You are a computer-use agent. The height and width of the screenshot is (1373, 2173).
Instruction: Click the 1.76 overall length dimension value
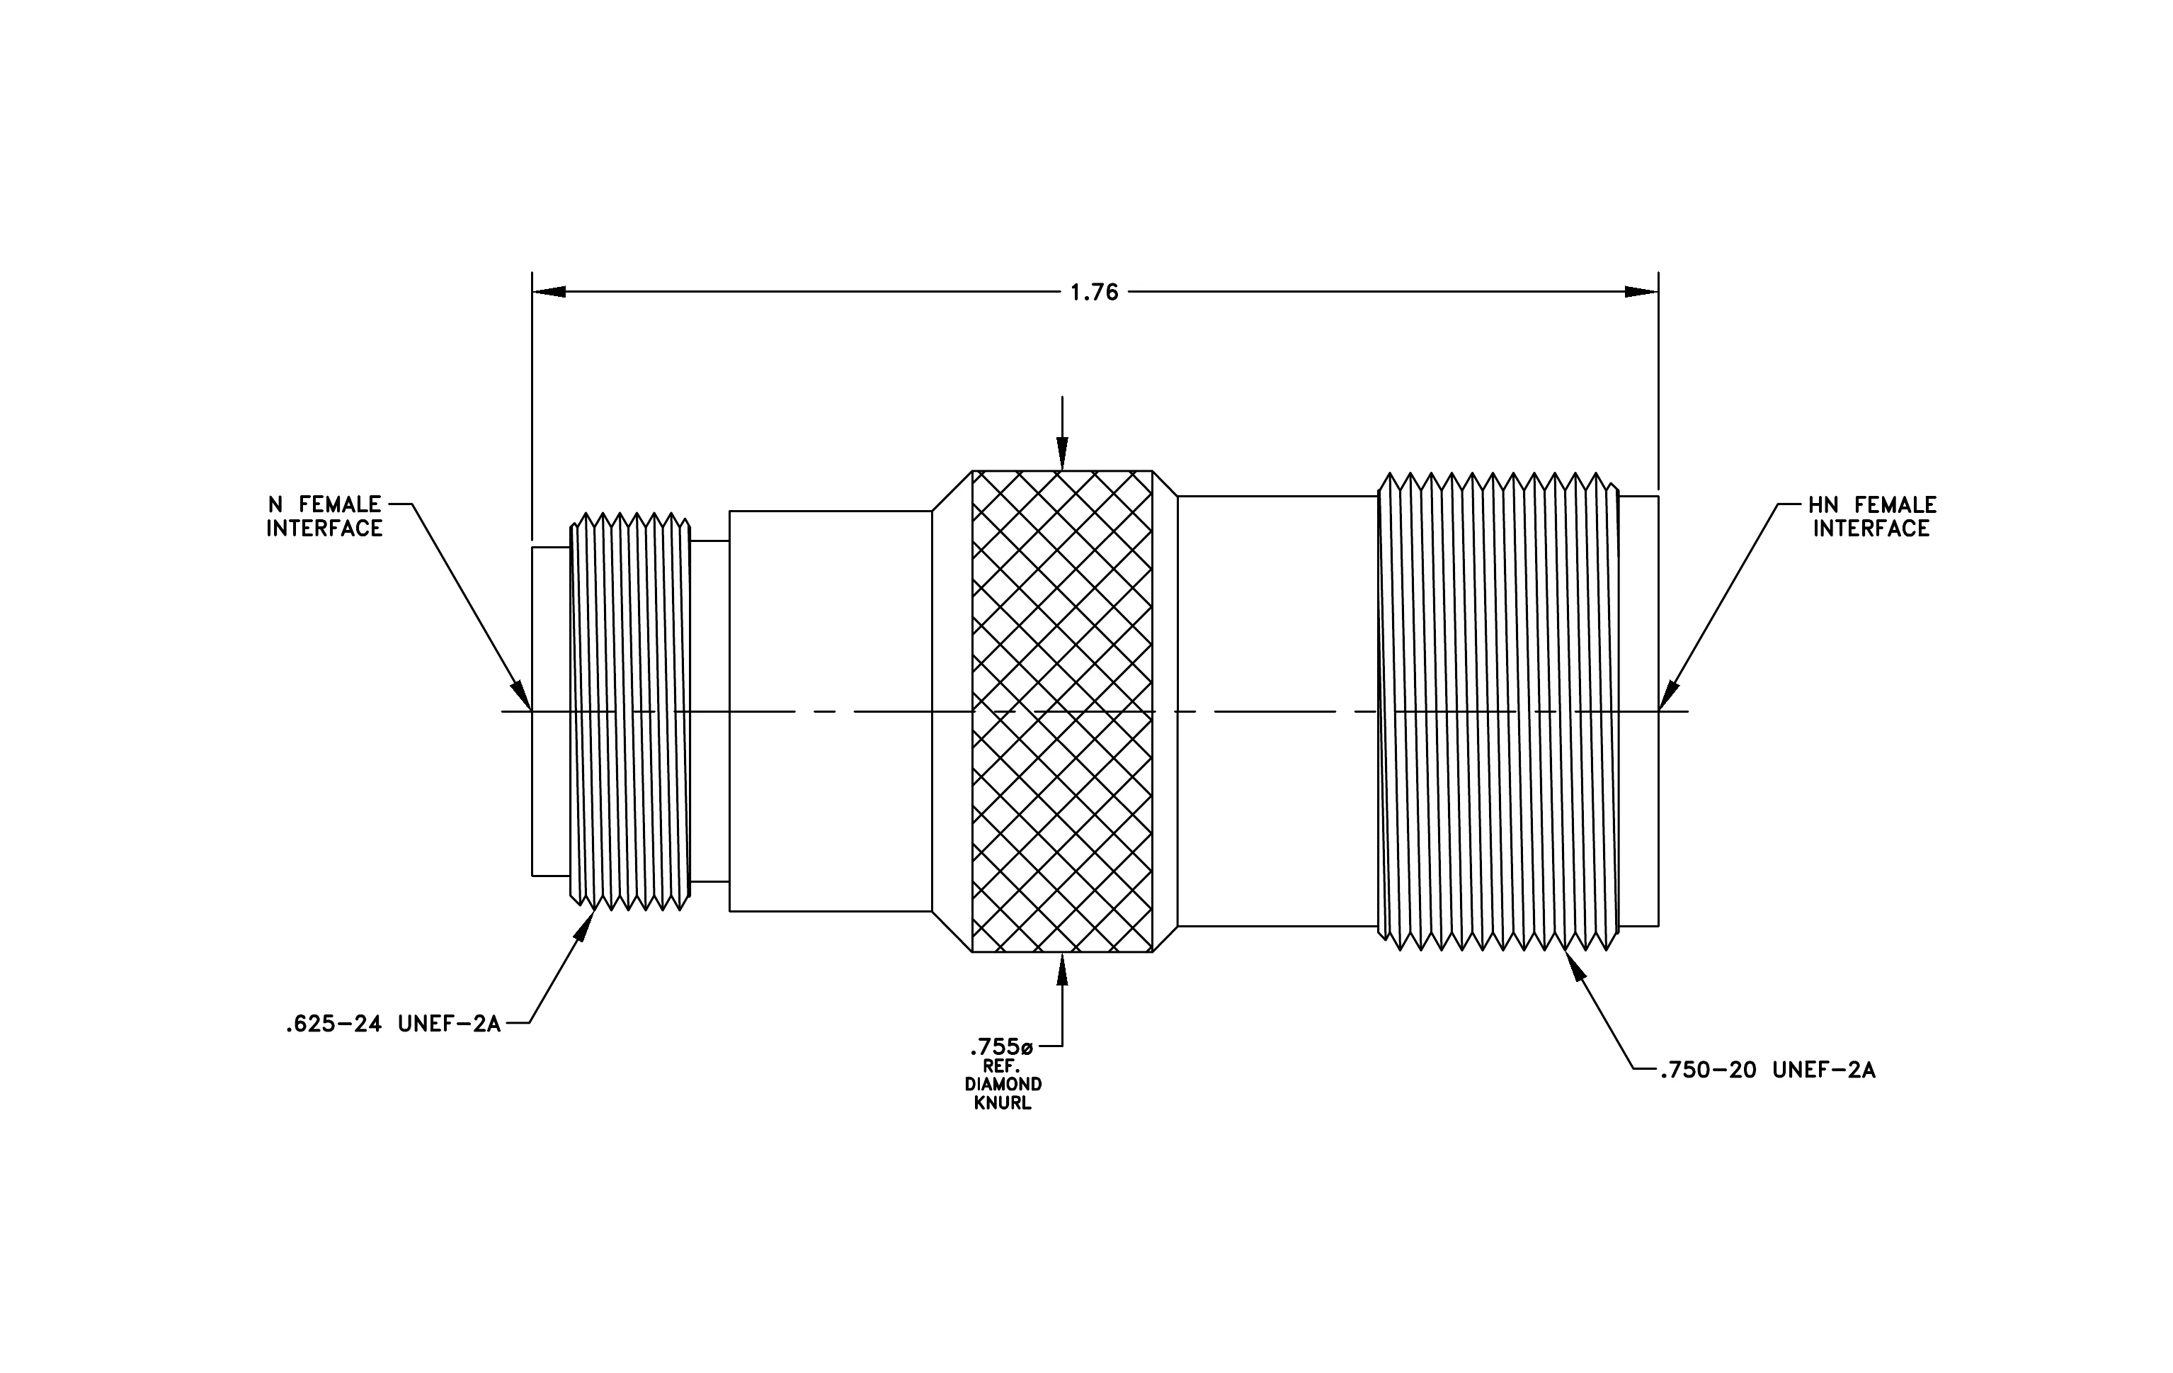[x=1094, y=293]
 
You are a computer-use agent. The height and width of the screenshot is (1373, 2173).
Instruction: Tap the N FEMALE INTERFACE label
[x=324, y=516]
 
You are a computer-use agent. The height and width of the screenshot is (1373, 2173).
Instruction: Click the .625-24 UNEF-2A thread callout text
[x=392, y=1024]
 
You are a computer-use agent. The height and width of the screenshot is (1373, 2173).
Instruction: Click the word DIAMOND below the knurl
[x=1003, y=1084]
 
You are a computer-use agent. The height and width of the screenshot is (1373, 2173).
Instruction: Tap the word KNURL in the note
[x=1003, y=1103]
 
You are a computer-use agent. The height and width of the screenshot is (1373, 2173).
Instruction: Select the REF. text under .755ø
[x=1002, y=1066]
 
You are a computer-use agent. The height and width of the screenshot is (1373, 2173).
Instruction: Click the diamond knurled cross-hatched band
[x=1062, y=711]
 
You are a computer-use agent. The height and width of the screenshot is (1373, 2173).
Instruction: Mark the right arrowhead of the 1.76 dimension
[x=1641, y=292]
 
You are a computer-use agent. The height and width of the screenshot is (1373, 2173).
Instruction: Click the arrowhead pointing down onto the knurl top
[x=1062, y=453]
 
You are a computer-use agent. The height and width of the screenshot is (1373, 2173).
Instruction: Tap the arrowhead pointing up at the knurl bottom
[x=1062, y=969]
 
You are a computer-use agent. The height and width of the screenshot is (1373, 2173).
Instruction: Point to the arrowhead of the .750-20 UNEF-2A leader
[x=1575, y=967]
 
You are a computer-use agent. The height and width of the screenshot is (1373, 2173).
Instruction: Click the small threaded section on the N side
[x=630, y=711]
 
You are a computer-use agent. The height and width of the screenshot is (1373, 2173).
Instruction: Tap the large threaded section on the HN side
[x=1498, y=711]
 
